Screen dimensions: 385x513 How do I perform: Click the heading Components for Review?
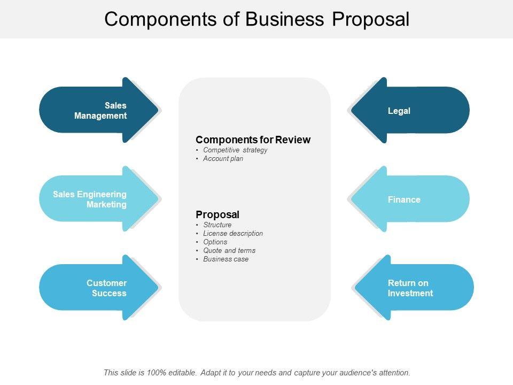coord(253,140)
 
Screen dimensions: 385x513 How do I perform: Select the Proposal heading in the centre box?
coord(217,214)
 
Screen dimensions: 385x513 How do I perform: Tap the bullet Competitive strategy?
coord(235,150)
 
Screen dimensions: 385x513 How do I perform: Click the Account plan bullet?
coord(223,159)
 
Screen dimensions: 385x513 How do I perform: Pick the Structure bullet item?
coord(217,225)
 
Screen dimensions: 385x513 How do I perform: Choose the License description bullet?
coord(233,234)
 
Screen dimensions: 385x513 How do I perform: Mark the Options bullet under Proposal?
coord(215,242)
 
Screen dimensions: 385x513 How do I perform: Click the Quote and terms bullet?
coord(229,251)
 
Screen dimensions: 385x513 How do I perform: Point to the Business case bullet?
coord(226,259)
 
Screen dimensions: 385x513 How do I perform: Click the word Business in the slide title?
coord(285,19)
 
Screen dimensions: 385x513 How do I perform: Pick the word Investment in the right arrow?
coord(410,293)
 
